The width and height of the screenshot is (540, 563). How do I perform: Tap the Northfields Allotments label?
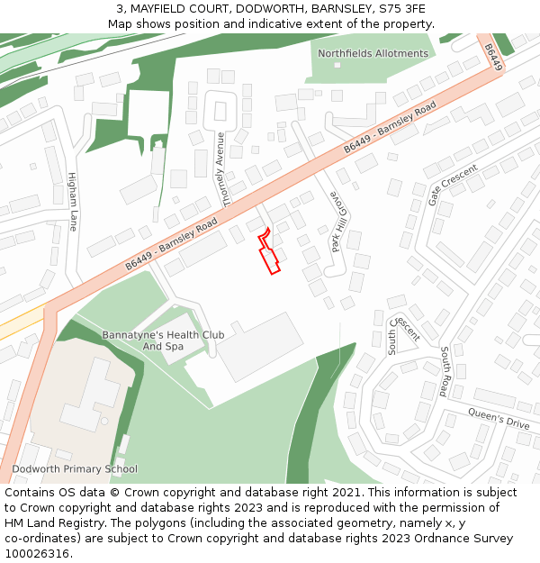click(x=373, y=53)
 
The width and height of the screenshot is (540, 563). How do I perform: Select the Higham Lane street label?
click(x=73, y=203)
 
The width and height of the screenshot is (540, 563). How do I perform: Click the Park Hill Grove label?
click(x=337, y=221)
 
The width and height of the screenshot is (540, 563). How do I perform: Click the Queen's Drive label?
click(x=498, y=417)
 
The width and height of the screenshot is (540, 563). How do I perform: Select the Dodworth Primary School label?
click(x=75, y=468)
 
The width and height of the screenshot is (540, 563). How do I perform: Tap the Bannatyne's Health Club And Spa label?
click(x=163, y=341)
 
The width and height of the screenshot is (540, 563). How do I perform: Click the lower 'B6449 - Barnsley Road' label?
click(x=172, y=243)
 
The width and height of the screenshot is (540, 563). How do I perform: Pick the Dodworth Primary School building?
click(x=85, y=397)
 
